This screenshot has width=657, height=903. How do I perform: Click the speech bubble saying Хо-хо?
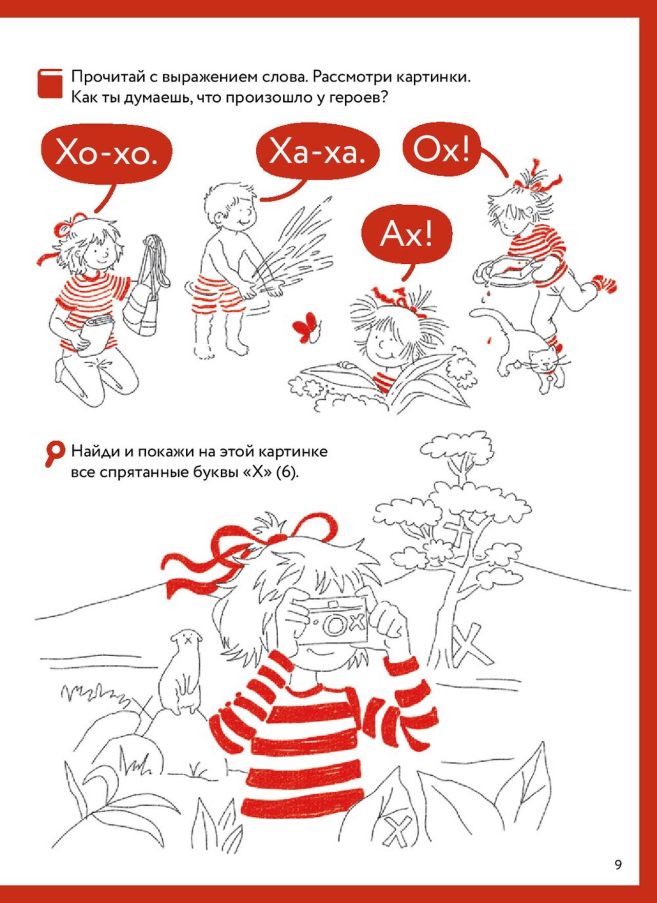[107, 153]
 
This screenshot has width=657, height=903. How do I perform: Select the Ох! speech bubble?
[441, 149]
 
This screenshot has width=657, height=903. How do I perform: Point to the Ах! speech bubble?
[407, 234]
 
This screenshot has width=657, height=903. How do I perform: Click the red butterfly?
[306, 327]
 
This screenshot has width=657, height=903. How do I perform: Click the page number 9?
[618, 865]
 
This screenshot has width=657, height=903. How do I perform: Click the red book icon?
[50, 83]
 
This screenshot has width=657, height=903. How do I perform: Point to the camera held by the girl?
[333, 620]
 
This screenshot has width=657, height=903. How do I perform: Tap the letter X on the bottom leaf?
[397, 830]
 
